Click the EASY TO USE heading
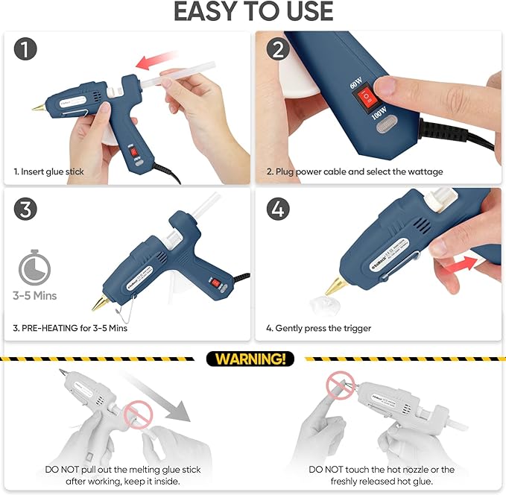[x=253, y=12]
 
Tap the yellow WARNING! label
[x=250, y=359]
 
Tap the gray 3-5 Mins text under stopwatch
[x=34, y=296]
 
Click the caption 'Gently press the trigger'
[x=318, y=328]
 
